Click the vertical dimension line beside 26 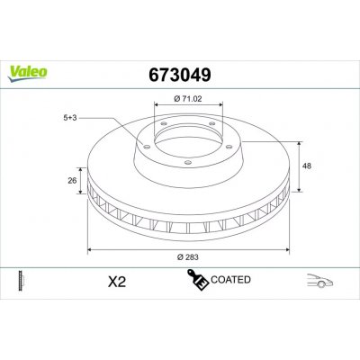point(81,179)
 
